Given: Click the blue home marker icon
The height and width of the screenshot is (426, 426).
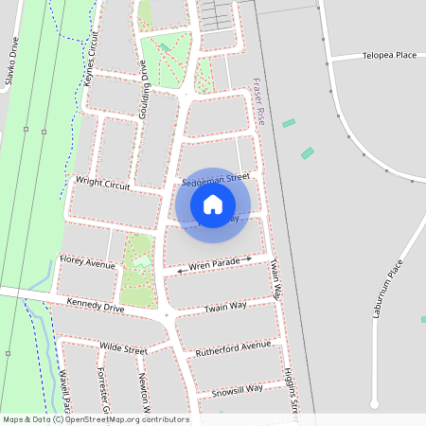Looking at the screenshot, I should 213,204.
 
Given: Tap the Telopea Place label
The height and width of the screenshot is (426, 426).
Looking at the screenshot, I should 388,56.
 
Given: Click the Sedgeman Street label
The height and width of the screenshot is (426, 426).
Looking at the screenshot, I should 216,177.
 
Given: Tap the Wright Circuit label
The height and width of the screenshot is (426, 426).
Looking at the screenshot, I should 101,185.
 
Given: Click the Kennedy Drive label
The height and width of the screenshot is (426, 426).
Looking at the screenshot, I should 96,306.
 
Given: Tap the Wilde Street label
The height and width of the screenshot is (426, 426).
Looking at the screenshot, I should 123,349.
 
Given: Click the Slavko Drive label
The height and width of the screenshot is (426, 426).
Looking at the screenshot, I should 11,62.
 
